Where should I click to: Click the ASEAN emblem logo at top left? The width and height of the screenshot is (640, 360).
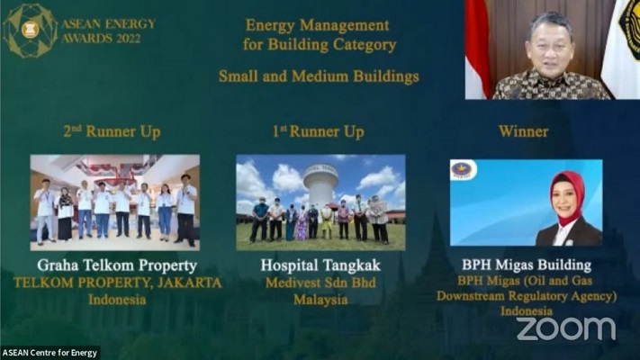tap(30, 30)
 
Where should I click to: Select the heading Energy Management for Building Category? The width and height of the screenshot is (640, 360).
tap(319, 34)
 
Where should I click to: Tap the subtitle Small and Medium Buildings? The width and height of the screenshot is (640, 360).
tap(319, 76)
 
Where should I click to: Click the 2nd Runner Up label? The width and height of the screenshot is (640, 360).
tap(112, 131)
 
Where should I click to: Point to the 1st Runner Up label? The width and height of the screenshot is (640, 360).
tap(318, 131)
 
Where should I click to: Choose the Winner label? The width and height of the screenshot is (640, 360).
tap(524, 131)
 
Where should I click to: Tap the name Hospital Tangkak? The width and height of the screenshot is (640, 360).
tap(320, 265)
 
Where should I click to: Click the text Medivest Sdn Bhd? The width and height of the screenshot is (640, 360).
tap(320, 283)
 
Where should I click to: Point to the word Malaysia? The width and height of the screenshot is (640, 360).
tap(320, 299)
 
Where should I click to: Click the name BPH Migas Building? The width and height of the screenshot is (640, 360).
tap(526, 265)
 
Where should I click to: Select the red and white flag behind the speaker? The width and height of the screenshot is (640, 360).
tap(477, 49)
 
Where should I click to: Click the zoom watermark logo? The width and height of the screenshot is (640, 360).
tap(565, 328)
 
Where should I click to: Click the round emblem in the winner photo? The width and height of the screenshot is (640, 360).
tap(464, 171)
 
